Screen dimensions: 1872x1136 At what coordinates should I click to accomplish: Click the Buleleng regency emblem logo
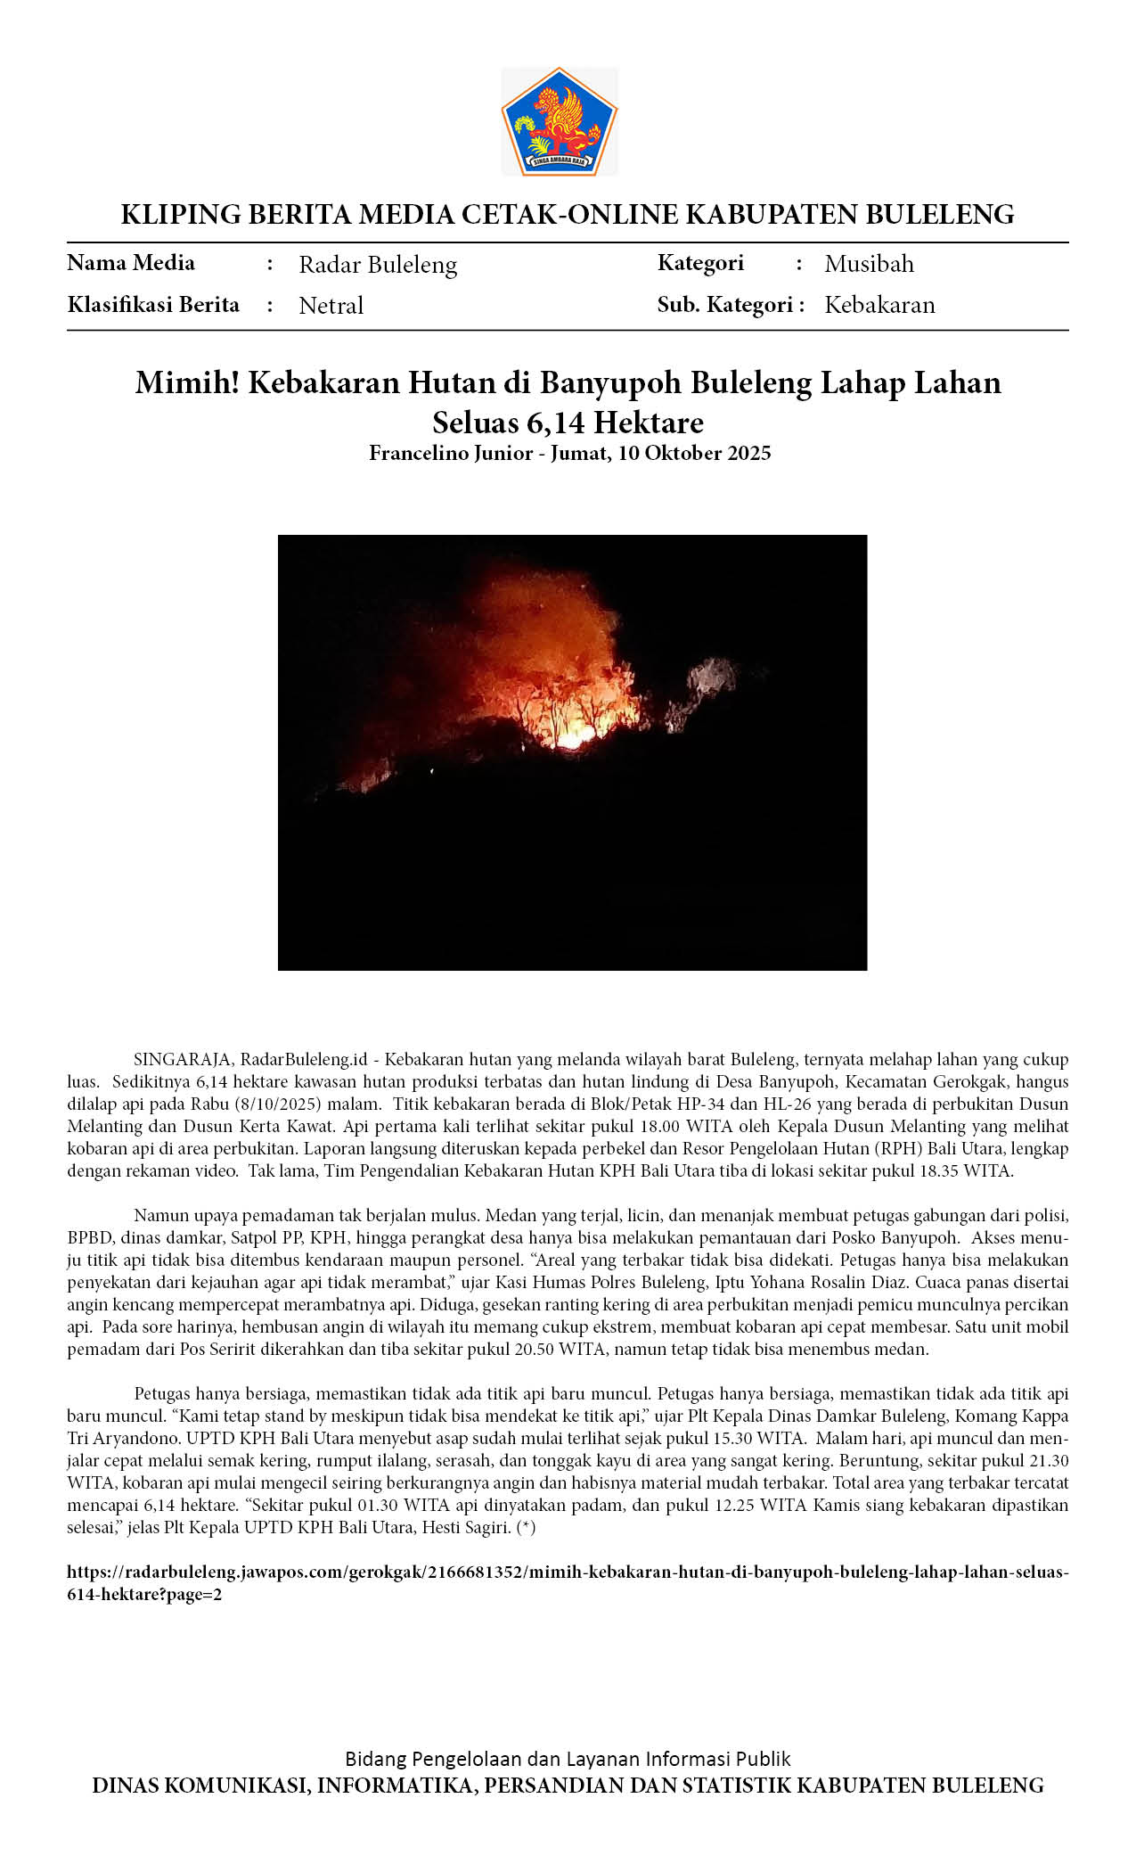point(560,121)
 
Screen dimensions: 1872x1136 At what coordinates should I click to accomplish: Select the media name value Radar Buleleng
point(378,265)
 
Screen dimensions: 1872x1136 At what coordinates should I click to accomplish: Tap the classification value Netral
point(331,306)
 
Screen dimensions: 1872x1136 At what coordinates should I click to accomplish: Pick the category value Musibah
point(869,264)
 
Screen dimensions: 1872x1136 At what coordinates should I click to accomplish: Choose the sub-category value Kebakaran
point(879,305)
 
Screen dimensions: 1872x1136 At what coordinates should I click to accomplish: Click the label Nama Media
point(131,263)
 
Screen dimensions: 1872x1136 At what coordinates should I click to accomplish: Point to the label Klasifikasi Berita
point(153,305)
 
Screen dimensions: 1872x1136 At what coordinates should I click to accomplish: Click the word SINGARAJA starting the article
point(182,1060)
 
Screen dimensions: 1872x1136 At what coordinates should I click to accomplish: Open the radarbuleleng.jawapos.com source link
point(568,1572)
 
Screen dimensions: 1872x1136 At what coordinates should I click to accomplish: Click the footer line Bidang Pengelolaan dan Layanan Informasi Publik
point(568,1759)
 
